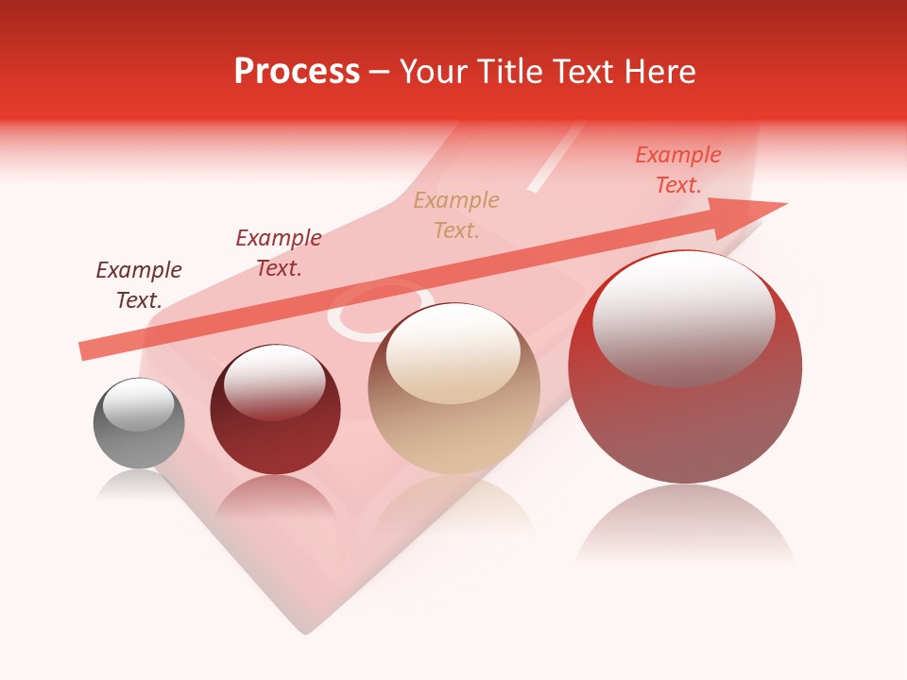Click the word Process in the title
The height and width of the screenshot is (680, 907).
297,72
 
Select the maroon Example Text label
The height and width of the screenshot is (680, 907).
279,253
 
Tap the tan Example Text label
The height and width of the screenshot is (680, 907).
456,214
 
